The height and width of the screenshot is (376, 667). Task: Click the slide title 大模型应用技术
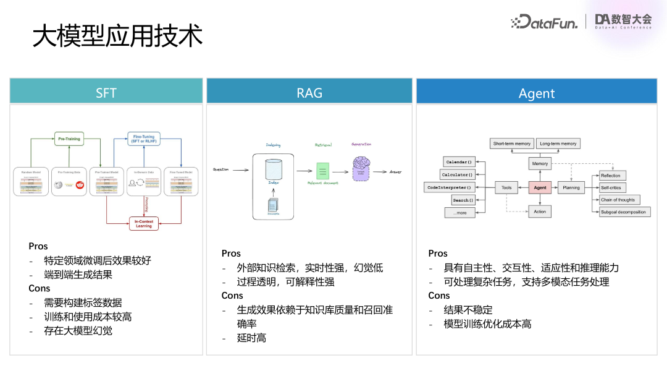coord(117,36)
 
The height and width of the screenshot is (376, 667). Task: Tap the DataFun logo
coord(544,23)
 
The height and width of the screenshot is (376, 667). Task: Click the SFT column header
coord(106,93)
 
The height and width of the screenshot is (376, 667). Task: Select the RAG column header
coord(309,93)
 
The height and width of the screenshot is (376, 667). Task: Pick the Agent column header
coord(536,93)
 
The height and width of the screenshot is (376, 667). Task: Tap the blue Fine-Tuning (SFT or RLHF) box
coord(144,139)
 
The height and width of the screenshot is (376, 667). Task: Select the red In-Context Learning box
coord(143,223)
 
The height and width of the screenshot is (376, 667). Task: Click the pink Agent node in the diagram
coord(539,187)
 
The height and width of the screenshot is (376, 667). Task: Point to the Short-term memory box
coord(511,143)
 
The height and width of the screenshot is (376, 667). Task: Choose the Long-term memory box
coord(558,143)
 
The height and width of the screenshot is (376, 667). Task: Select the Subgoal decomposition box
coord(623,212)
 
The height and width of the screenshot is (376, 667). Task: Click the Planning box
coord(571,187)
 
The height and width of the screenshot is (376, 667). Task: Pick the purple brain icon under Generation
coord(360,168)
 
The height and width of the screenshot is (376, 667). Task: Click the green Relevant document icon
coord(323,171)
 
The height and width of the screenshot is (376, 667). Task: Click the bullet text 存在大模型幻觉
coord(78,331)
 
